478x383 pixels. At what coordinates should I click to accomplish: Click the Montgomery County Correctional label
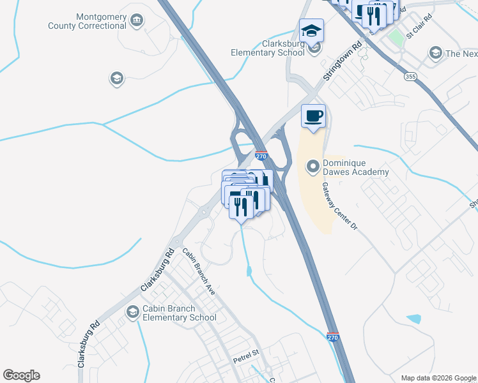[x=87, y=21]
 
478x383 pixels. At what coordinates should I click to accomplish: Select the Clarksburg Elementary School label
[x=268, y=48]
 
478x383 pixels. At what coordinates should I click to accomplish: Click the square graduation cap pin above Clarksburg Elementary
[x=312, y=31]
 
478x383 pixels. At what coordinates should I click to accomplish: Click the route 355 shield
[x=409, y=76]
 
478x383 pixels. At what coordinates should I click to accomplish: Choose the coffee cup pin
[x=313, y=117]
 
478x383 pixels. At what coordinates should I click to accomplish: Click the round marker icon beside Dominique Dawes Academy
[x=313, y=167]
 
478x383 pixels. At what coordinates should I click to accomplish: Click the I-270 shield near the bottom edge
[x=332, y=336]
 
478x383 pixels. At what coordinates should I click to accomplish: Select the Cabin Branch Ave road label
[x=199, y=271]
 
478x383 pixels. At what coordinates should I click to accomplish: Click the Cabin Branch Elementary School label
[x=180, y=312]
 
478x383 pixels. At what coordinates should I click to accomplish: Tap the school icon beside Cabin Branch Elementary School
[x=132, y=312]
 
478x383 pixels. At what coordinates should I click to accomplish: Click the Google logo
[x=21, y=375]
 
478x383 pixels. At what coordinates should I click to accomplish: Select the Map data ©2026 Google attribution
[x=438, y=378]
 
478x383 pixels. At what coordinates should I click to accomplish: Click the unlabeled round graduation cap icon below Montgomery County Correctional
[x=116, y=79]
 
